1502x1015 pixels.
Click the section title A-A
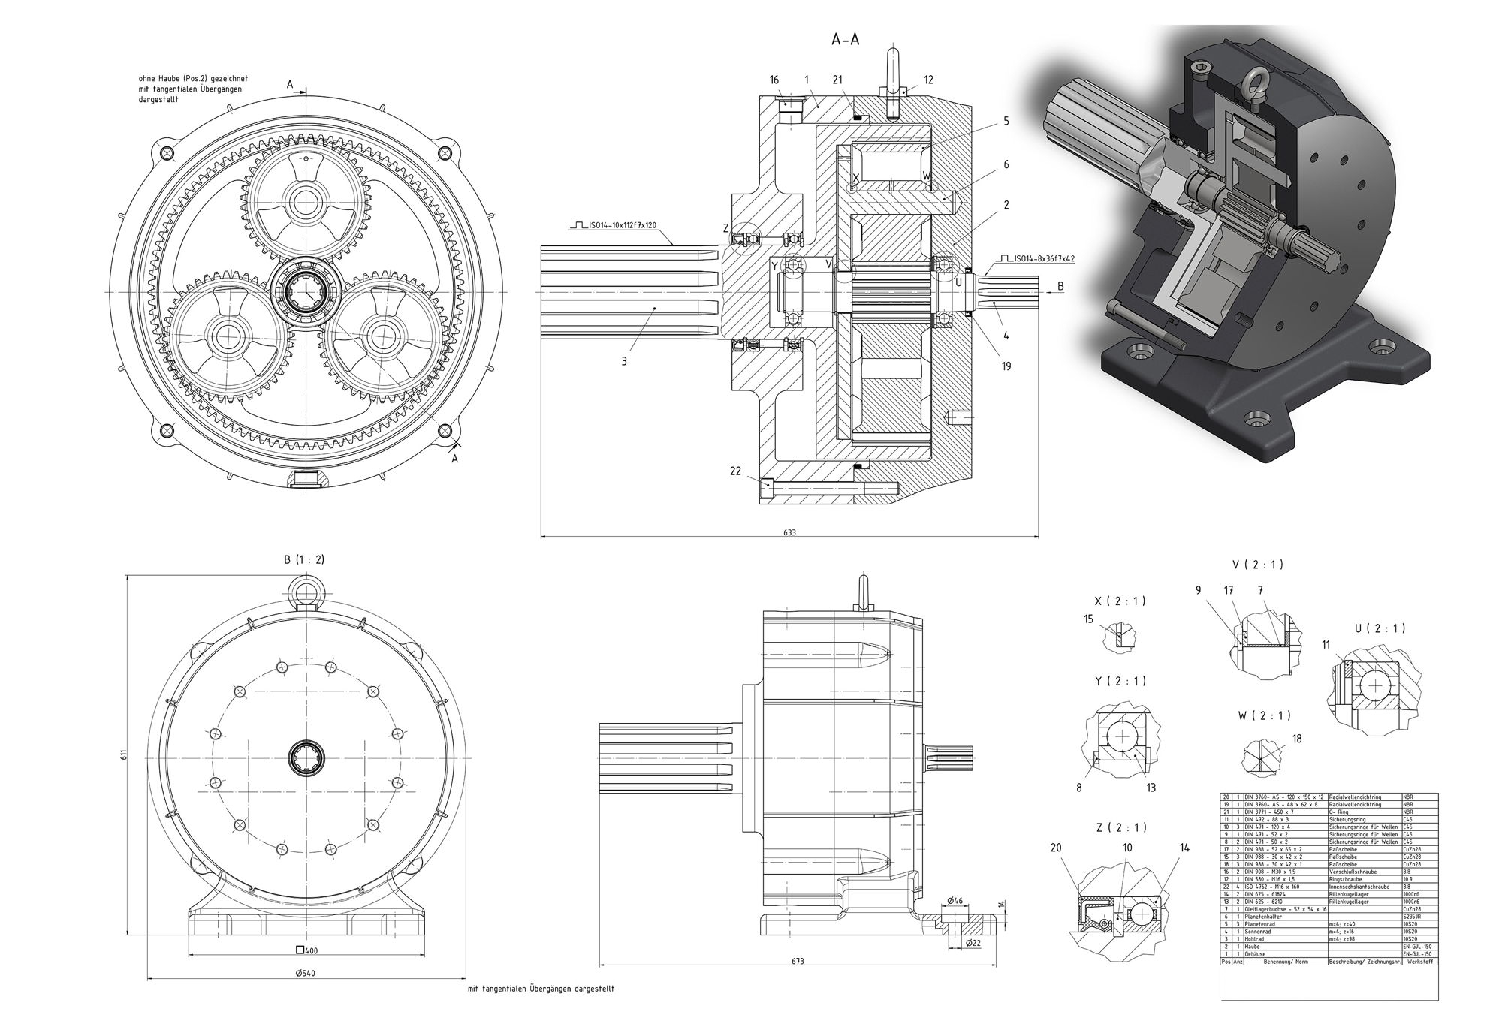click(x=845, y=40)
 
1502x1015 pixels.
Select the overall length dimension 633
click(x=789, y=532)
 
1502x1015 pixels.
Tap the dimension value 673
click(x=797, y=961)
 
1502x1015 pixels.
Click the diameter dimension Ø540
click(x=306, y=973)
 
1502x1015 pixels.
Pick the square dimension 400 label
click(x=307, y=950)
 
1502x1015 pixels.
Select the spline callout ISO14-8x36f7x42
click(x=1044, y=258)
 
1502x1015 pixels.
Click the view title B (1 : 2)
click(x=304, y=560)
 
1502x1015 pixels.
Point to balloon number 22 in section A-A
click(x=735, y=471)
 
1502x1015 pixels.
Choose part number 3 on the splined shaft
click(x=624, y=361)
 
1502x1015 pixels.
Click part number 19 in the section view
click(x=1006, y=366)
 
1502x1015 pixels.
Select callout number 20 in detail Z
click(x=1056, y=848)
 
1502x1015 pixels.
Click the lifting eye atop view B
click(x=306, y=591)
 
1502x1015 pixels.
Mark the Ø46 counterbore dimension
click(x=955, y=899)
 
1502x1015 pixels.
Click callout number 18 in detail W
click(x=1297, y=739)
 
